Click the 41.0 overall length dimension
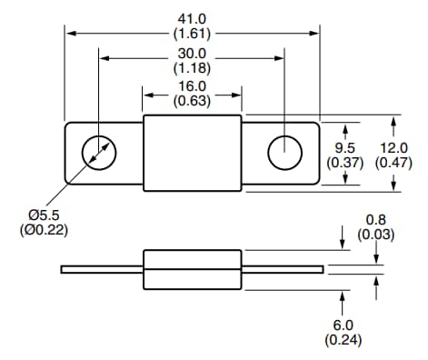[x=192, y=17]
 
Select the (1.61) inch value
[x=192, y=33]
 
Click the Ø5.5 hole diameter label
[x=43, y=214]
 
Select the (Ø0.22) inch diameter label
[x=43, y=229]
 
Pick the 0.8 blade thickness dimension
[x=375, y=220]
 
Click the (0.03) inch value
[x=375, y=235]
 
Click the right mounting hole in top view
[x=284, y=153]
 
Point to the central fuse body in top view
[x=193, y=153]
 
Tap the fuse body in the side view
[x=193, y=268]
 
